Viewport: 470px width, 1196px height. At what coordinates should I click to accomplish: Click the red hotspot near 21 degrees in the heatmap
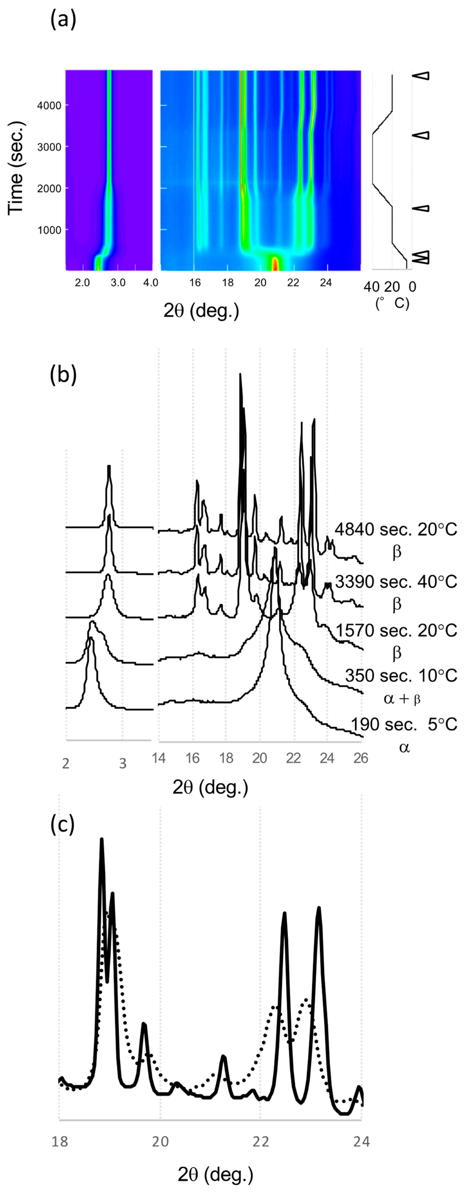(x=275, y=263)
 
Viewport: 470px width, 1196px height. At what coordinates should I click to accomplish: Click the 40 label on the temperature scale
(x=371, y=287)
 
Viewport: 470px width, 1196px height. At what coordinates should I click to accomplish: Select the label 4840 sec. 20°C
(x=396, y=529)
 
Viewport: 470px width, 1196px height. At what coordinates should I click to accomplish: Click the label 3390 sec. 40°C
(x=396, y=581)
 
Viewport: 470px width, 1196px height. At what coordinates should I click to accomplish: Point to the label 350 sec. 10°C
(x=401, y=676)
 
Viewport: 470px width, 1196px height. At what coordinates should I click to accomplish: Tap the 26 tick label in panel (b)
(x=360, y=758)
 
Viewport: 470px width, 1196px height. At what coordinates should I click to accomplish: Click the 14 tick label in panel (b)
(x=159, y=758)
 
